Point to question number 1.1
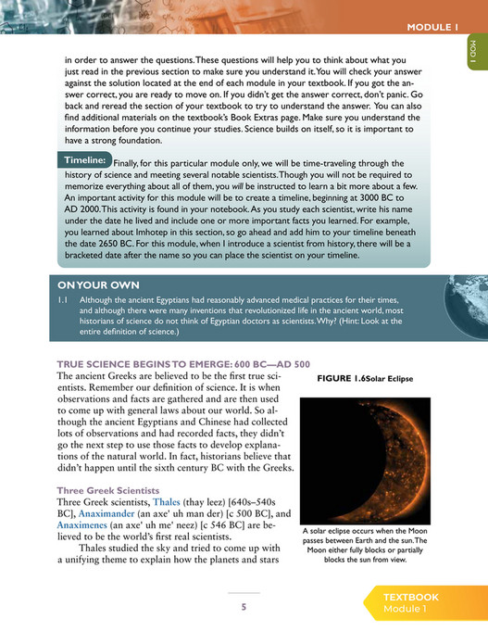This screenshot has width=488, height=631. coord(64,301)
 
